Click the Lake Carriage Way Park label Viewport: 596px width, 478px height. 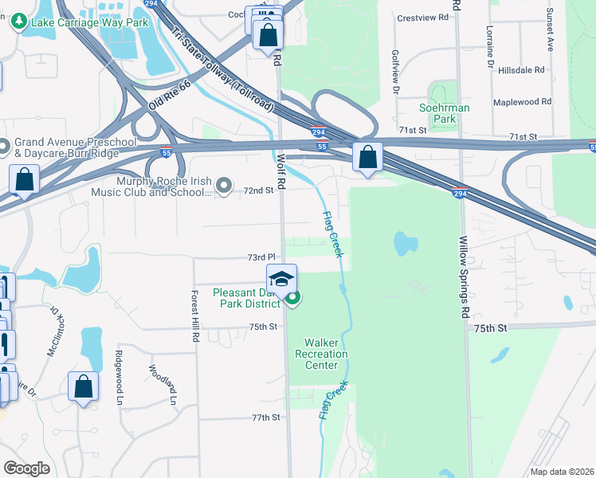tap(88, 22)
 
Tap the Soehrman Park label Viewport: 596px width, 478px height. tap(444, 113)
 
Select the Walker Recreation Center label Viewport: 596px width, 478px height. tap(321, 354)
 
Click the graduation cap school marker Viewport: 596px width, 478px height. tap(281, 280)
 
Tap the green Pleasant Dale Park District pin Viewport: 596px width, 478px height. tap(292, 299)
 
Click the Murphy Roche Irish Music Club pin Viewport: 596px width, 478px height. tap(225, 187)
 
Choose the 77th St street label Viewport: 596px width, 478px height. tap(266, 417)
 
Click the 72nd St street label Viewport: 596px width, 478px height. tap(258, 190)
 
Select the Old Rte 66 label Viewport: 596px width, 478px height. tap(170, 95)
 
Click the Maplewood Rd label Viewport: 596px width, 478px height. tap(522, 102)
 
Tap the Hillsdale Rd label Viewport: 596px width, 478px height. tap(521, 70)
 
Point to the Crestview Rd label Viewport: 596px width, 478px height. tap(418, 17)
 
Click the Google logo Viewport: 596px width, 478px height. tap(26, 468)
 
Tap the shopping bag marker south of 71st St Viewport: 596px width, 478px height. tap(367, 157)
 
